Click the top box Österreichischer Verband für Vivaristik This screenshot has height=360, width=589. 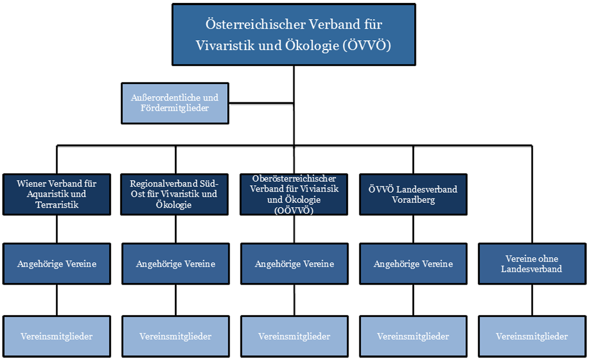pos(294,35)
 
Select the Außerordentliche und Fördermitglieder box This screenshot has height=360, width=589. pos(174,103)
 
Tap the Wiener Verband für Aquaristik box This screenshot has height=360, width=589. pos(56,194)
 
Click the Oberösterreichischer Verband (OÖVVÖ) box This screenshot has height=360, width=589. pos(294,194)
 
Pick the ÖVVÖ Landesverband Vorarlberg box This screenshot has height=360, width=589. pos(413,194)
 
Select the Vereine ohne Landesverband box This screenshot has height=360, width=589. pos(531,264)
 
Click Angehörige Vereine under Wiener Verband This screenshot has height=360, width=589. pos(56,264)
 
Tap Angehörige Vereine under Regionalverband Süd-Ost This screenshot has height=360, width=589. pos(175,264)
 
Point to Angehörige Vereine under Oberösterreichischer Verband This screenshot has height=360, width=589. pos(294,264)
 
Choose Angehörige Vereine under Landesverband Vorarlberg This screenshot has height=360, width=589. pos(413,264)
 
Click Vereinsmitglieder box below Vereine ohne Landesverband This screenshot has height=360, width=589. pos(531,336)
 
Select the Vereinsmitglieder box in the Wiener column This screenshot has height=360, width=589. pos(56,336)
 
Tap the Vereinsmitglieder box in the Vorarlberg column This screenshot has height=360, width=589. pos(413,336)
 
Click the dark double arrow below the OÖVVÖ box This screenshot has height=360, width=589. pos(294,229)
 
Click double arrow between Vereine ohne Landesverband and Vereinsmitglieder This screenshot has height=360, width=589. pos(531,300)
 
